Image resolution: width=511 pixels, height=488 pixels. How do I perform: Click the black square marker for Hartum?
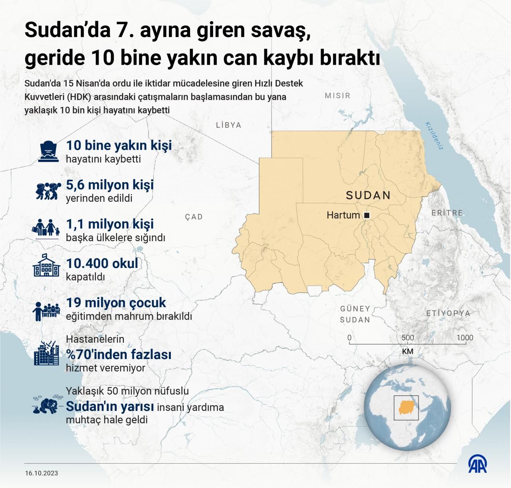367,216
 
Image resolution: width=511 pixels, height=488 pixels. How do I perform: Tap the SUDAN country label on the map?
368,195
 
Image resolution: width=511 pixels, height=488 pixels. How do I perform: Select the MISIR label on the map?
337,95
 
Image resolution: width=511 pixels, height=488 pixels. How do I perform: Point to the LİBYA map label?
229,125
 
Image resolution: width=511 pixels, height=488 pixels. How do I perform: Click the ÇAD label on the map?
194,217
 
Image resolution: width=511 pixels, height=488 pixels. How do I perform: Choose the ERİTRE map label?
447,213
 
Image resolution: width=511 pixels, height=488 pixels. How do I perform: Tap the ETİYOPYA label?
448,313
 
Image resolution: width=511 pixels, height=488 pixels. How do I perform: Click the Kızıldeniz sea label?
434,135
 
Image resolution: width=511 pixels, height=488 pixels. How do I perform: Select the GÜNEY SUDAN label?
355,314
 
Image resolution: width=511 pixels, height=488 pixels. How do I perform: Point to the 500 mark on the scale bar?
408,337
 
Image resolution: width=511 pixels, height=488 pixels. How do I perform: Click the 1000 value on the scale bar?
465,337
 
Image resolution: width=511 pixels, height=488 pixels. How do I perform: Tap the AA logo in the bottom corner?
477,464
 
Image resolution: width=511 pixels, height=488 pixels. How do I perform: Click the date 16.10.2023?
42,473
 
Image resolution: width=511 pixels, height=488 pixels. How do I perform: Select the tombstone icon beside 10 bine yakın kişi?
49,151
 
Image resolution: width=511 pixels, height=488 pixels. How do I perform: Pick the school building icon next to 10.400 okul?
46,266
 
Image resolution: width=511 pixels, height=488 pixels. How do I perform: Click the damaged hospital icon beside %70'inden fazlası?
47,353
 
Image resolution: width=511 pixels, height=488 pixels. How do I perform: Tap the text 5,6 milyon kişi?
110,185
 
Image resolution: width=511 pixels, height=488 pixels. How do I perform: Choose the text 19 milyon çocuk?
116,303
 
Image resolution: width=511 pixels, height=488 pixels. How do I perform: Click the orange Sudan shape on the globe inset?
406,407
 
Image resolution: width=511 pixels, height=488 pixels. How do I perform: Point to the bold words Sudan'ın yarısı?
110,407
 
